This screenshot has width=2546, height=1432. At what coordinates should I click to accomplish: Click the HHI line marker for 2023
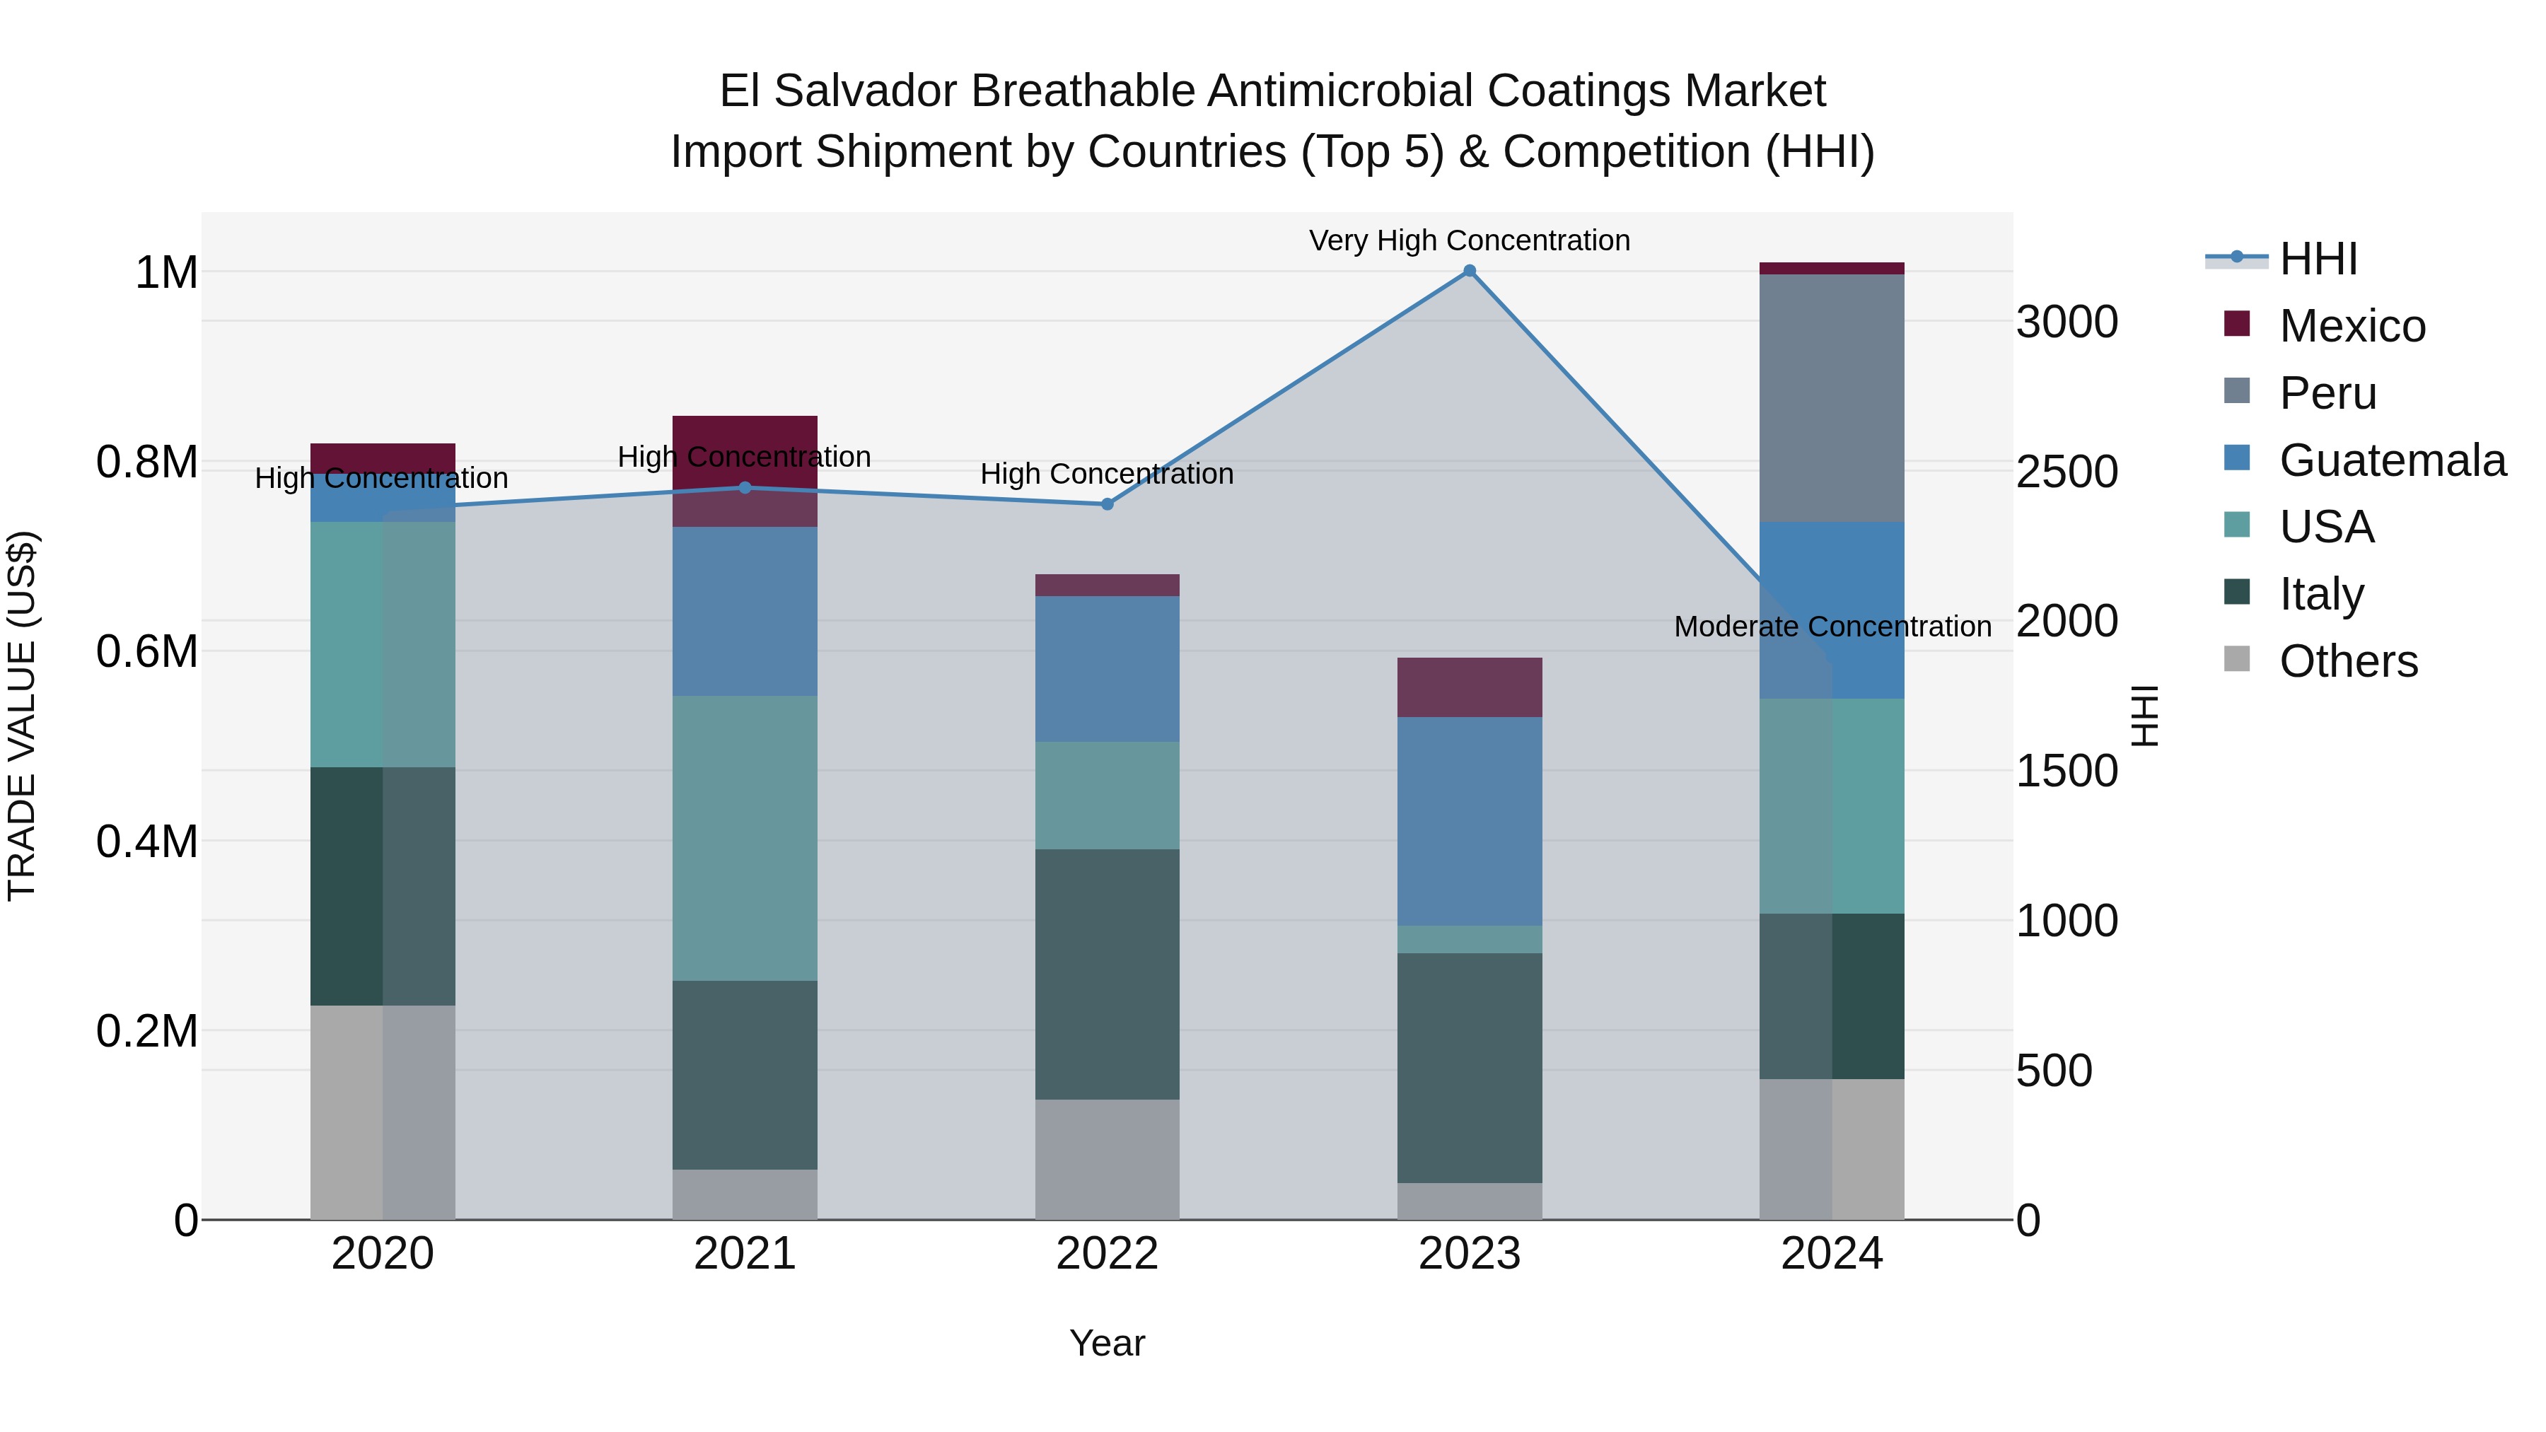click(x=1469, y=271)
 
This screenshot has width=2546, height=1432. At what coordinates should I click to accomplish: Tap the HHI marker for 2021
click(x=745, y=487)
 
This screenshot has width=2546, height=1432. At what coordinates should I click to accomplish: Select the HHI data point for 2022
click(x=1107, y=504)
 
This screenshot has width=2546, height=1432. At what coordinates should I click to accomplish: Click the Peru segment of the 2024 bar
click(x=1832, y=397)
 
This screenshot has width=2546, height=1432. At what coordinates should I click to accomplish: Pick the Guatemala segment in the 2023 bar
click(x=1469, y=820)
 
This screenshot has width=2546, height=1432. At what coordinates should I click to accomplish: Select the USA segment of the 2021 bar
click(x=745, y=837)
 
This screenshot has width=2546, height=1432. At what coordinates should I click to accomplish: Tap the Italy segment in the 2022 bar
click(x=1107, y=974)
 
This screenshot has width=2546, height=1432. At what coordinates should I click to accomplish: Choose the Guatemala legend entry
click(x=2392, y=460)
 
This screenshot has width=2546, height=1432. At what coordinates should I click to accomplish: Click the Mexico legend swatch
click(x=2237, y=324)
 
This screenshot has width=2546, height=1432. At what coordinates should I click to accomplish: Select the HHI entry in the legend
click(x=2318, y=259)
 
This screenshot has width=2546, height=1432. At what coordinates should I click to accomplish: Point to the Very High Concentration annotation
click(x=1469, y=240)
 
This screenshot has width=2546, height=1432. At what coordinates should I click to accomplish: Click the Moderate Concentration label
click(x=1832, y=627)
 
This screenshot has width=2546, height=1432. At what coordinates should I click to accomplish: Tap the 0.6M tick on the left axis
click(x=146, y=652)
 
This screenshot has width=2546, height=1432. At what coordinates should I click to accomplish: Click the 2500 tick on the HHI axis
click(x=2067, y=472)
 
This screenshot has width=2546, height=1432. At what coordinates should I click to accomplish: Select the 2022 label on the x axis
click(x=1107, y=1254)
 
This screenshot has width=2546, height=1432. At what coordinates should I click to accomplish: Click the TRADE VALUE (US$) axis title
click(x=22, y=716)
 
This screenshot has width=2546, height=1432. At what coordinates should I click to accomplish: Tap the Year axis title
click(x=1107, y=1343)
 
